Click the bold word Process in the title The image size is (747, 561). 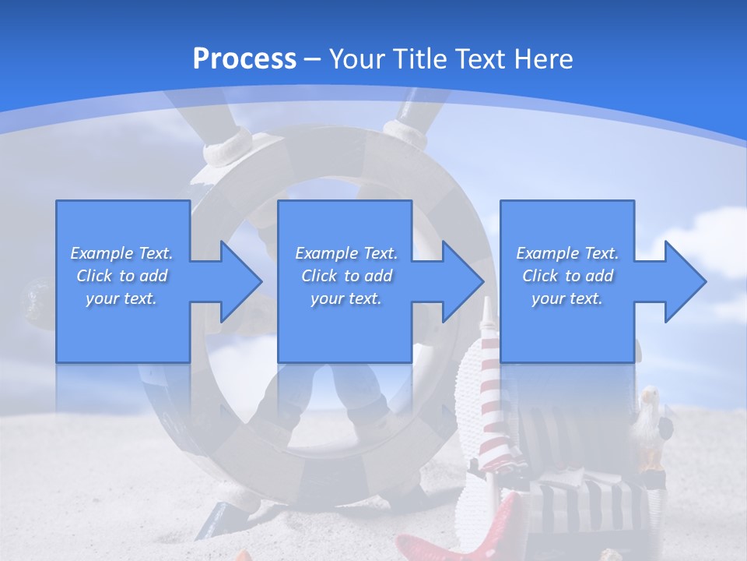point(244,58)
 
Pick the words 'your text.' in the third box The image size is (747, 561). point(567,298)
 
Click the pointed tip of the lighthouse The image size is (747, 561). point(487,298)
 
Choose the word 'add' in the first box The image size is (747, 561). point(153,276)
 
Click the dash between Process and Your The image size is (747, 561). point(313,60)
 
